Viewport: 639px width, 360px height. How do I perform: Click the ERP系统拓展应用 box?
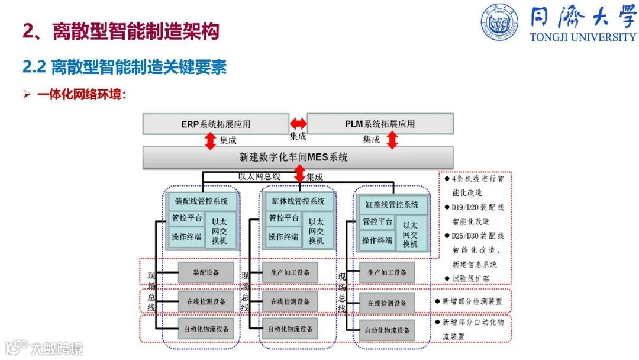click(x=215, y=124)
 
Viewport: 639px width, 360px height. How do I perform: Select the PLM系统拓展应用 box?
click(x=380, y=124)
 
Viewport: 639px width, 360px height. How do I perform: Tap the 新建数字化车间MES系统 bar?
click(x=298, y=157)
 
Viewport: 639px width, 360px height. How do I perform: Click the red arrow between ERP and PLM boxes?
click(x=298, y=124)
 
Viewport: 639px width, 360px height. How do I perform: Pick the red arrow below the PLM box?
click(x=392, y=140)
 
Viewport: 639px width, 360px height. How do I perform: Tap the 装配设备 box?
click(x=206, y=272)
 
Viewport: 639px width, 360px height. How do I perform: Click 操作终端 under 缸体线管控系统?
click(x=283, y=237)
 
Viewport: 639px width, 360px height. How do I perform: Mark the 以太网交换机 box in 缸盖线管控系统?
click(x=410, y=234)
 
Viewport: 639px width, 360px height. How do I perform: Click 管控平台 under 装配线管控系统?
click(x=186, y=218)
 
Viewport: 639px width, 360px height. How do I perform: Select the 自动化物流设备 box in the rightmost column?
click(x=386, y=330)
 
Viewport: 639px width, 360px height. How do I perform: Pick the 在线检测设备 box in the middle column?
click(x=290, y=301)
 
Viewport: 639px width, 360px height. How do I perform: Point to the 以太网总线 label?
click(x=259, y=176)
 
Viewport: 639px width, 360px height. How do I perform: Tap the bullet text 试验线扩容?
click(x=471, y=278)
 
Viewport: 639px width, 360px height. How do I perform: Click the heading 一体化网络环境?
click(x=82, y=95)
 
